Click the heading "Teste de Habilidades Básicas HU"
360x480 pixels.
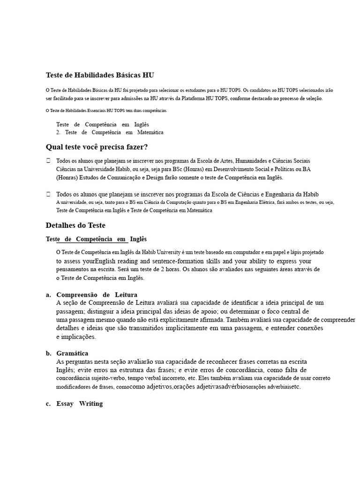tap(99, 75)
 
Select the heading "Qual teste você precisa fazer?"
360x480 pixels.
tap(97, 147)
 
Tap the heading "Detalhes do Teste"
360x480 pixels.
tap(75, 225)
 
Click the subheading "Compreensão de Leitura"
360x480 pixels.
tap(97, 294)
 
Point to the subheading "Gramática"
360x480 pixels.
tap(72, 353)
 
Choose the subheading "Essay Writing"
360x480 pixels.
tap(79, 404)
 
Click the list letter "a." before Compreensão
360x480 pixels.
tap(48, 294)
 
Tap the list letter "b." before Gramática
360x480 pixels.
tap(48, 353)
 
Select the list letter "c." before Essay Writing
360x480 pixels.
tap(48, 404)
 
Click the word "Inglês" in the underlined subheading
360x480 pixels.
tap(138, 239)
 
